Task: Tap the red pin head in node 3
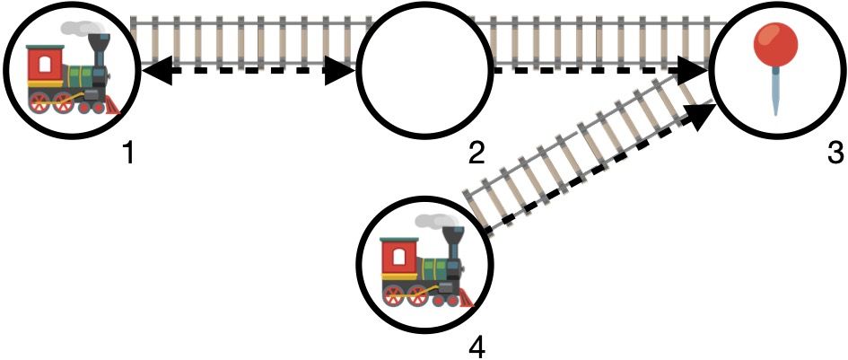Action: (x=775, y=43)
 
